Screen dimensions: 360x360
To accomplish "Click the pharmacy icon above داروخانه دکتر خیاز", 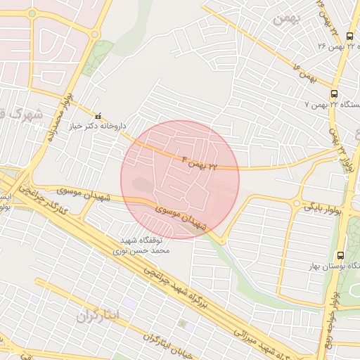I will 98,115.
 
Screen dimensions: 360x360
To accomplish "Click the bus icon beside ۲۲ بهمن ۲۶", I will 350,36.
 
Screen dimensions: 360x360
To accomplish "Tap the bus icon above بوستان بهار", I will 341,255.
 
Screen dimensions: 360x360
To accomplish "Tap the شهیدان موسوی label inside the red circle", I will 186,217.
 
